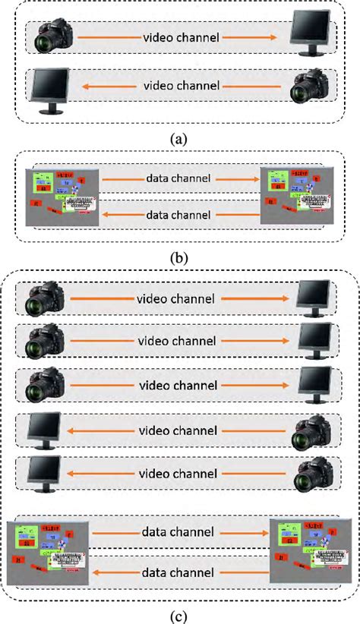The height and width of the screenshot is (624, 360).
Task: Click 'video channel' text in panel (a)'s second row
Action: (x=182, y=86)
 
